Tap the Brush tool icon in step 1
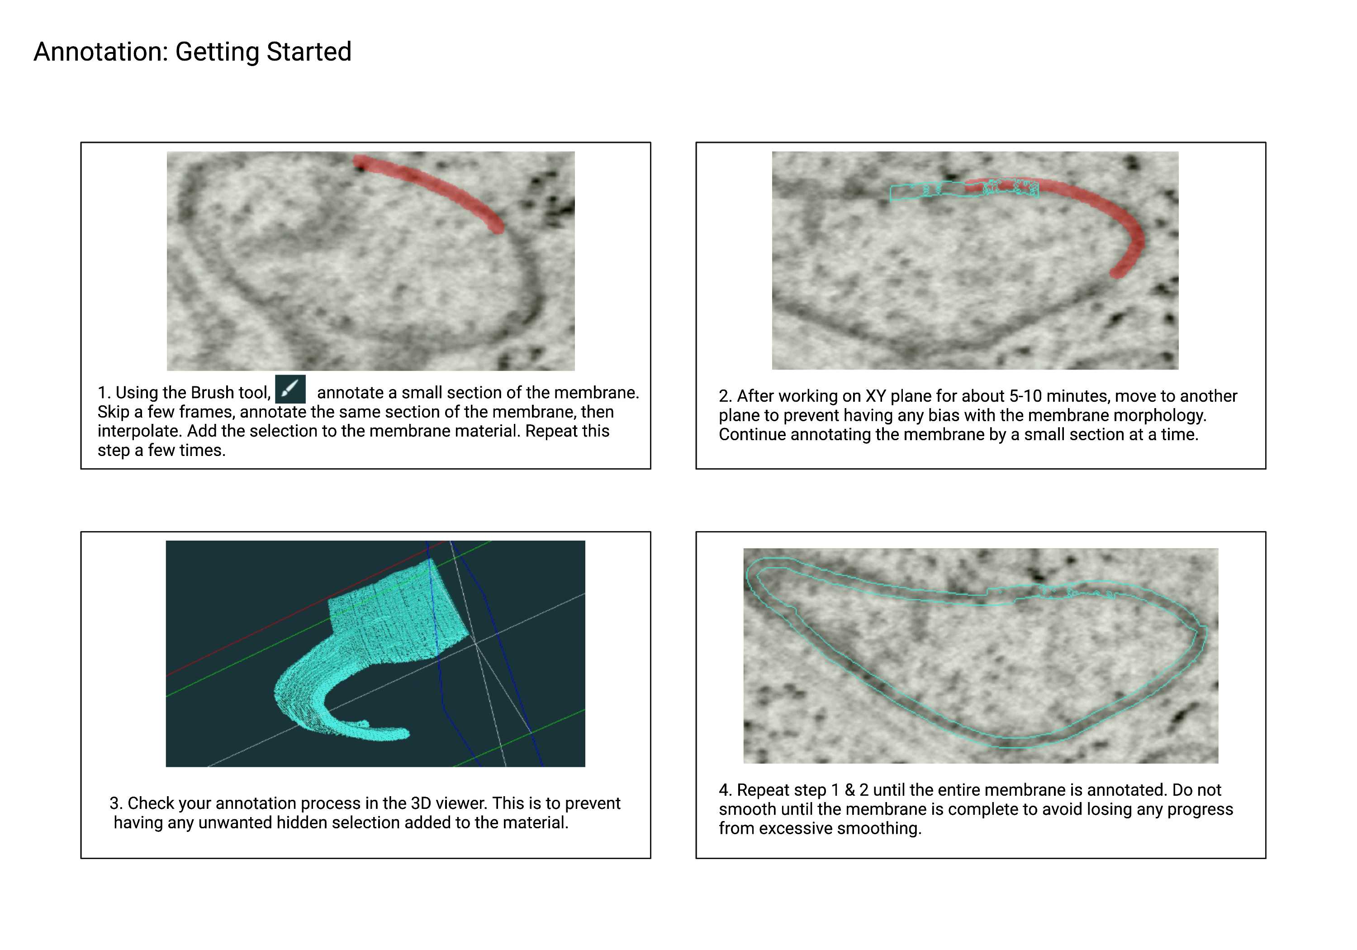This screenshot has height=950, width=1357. coord(290,389)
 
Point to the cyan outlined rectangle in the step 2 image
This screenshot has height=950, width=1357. coord(964,190)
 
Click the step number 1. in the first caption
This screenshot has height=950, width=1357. coord(104,393)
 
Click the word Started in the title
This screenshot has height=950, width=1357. coord(308,52)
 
